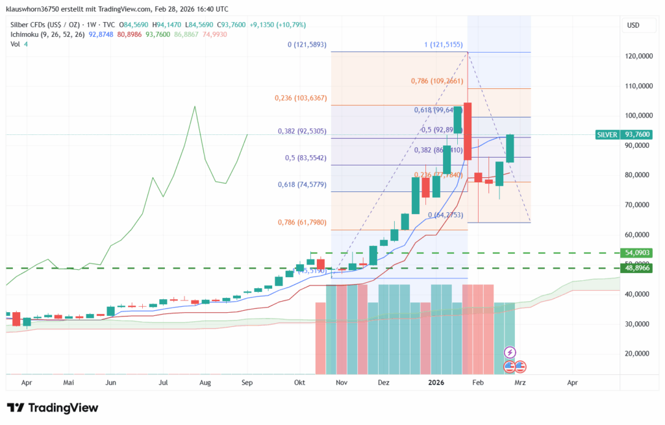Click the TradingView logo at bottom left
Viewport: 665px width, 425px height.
53,407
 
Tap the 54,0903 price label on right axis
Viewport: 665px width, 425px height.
637,252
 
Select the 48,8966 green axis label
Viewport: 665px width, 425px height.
637,267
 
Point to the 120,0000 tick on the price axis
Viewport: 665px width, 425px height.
638,56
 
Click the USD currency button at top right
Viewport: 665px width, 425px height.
633,25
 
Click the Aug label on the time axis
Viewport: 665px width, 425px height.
206,383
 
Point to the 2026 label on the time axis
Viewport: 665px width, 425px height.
436,383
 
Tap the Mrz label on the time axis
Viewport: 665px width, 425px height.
520,383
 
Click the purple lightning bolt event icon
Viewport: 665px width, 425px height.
510,352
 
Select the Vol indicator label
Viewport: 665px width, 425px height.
15,44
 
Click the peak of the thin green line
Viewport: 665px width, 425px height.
195,106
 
